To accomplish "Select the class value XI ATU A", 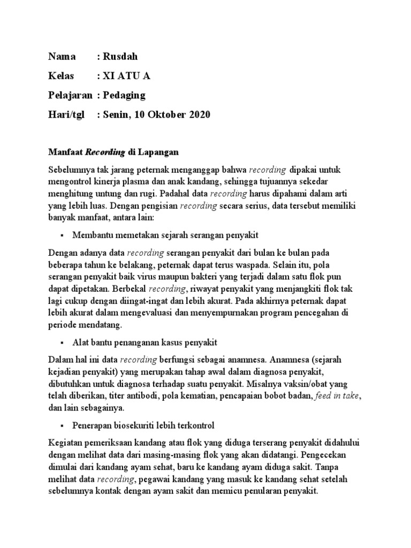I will click(x=126, y=76).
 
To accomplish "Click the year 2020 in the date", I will click(x=198, y=115).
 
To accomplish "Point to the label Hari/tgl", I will click(x=66, y=115).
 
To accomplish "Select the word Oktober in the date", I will click(x=165, y=115).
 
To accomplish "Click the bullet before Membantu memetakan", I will click(x=63, y=235).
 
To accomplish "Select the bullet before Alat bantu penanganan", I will click(x=63, y=342).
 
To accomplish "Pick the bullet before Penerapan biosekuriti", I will click(x=63, y=425).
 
